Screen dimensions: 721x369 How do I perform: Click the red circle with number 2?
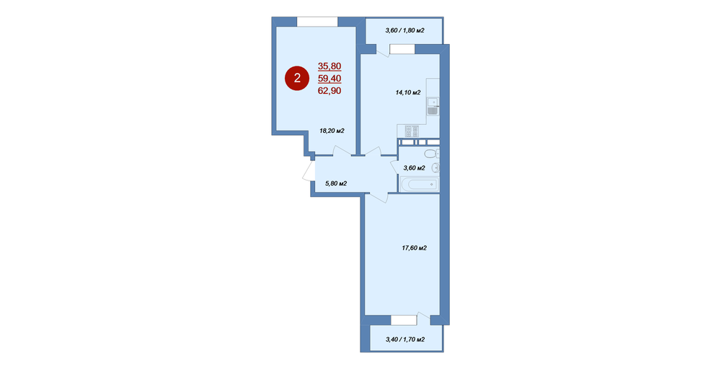point(297,78)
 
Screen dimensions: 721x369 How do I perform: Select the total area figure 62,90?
point(329,91)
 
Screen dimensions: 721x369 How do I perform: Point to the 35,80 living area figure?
point(329,66)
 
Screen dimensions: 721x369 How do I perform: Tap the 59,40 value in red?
point(329,78)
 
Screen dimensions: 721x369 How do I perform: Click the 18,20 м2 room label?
point(332,131)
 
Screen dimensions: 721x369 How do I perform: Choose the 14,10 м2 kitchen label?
point(408,92)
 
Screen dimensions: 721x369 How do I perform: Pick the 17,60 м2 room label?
point(415,248)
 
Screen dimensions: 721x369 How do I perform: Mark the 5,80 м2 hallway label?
point(336,183)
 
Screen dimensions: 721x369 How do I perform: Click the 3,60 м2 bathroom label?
point(414,168)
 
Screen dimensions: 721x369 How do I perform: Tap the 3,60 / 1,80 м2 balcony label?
point(404,30)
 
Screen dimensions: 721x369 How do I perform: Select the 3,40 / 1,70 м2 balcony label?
point(404,339)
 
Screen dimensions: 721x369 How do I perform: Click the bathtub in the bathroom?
point(420,185)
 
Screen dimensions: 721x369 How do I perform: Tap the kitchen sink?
point(432,106)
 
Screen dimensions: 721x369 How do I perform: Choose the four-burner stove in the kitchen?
point(412,131)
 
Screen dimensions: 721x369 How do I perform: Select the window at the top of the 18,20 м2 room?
point(317,22)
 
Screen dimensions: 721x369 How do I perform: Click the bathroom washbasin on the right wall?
point(436,168)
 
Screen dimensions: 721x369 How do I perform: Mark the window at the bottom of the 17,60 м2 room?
point(404,320)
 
